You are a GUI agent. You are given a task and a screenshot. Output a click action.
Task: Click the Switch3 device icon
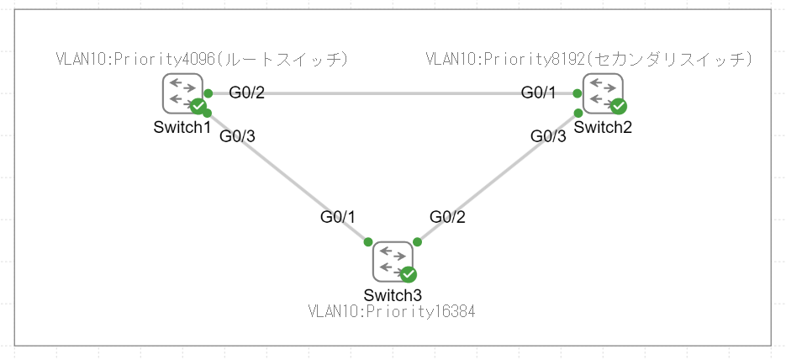393,261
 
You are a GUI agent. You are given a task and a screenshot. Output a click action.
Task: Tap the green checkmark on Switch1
198,106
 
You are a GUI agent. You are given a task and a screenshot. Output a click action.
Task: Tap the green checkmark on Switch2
618,106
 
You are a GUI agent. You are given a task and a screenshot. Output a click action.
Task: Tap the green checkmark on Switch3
409,274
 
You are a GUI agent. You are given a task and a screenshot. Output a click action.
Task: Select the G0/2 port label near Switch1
247,92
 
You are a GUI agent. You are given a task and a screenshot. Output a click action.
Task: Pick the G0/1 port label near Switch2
539,92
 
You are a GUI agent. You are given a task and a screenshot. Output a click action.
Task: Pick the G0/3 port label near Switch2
548,136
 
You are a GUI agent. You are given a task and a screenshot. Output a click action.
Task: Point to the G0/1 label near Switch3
338,217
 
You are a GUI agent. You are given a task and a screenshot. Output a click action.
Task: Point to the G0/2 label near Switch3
448,217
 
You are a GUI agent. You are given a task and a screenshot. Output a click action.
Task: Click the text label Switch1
182,127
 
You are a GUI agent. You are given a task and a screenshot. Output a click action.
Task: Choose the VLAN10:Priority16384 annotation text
393,312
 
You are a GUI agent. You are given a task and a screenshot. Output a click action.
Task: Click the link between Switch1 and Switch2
392,93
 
